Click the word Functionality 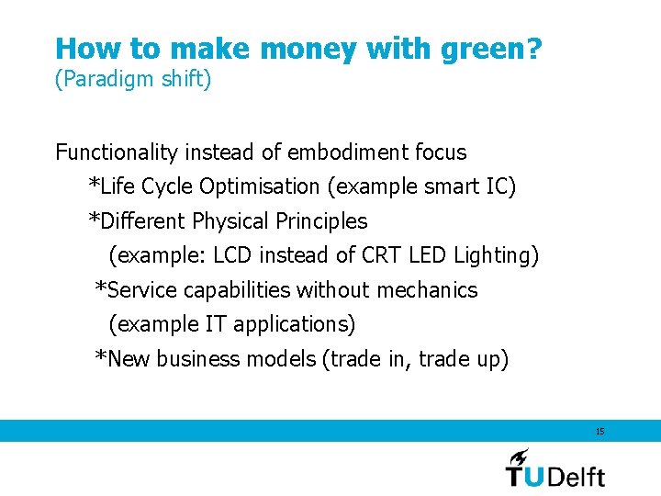pyautogui.click(x=118, y=152)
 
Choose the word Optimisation pyautogui.click(x=260, y=187)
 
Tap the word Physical pyautogui.click(x=230, y=221)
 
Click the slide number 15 pyautogui.click(x=599, y=432)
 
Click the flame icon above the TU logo pyautogui.click(x=520, y=457)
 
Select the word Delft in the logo pyautogui.click(x=578, y=475)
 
